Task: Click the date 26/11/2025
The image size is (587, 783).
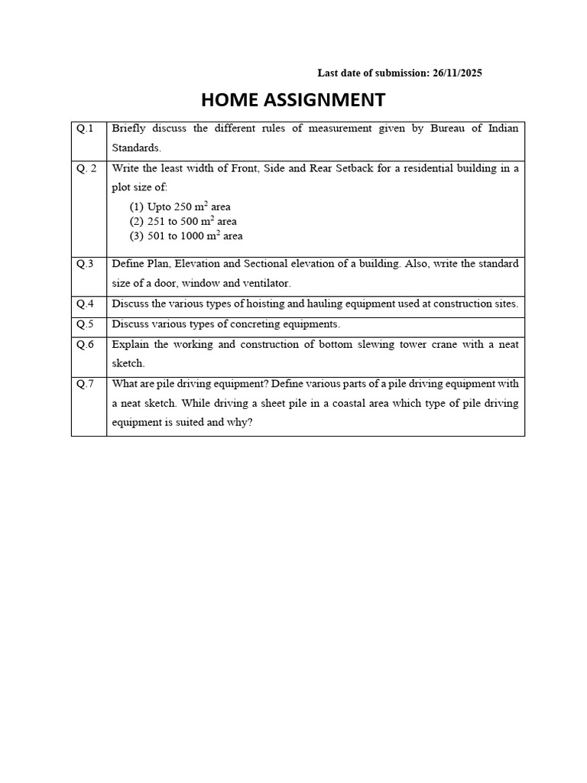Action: pos(457,73)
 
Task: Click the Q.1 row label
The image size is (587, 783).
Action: pos(85,128)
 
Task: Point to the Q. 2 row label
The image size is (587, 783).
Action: pos(86,168)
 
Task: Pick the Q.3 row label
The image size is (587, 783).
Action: pos(85,264)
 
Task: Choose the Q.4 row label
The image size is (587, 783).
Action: pos(85,304)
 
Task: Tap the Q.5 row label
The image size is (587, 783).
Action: pos(85,324)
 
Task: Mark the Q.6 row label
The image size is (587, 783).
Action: pos(85,345)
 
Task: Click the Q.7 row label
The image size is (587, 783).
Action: pos(85,384)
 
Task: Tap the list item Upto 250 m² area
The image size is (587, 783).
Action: pos(180,207)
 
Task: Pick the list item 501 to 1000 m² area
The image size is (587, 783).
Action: pos(186,236)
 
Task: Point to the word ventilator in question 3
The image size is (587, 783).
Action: pos(266,284)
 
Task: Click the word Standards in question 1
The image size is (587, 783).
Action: pos(136,148)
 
